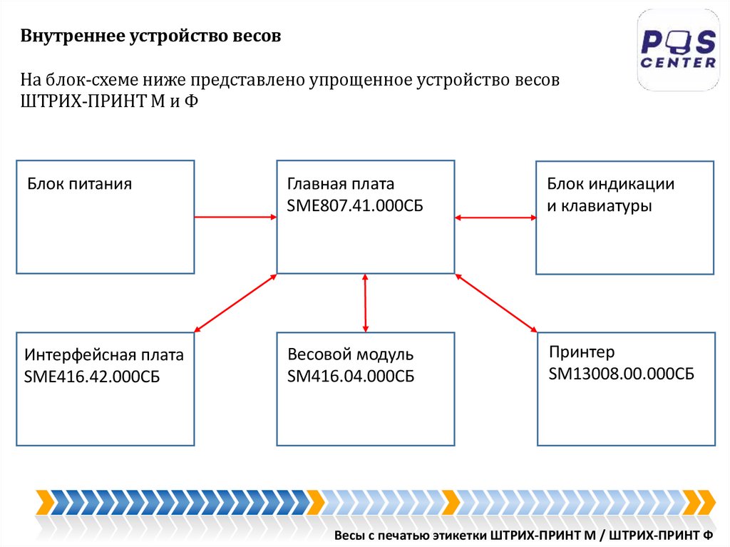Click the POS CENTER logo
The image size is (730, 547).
(x=678, y=50)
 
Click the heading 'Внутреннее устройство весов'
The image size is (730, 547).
(x=150, y=36)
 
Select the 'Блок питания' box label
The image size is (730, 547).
(x=80, y=184)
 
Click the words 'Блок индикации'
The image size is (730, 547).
(x=611, y=184)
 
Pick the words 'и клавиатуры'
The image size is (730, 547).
(x=600, y=207)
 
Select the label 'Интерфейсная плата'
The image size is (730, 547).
(x=104, y=355)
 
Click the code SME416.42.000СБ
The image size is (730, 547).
(x=92, y=377)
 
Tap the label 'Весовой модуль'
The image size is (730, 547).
(x=351, y=354)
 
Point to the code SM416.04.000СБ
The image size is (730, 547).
(x=351, y=377)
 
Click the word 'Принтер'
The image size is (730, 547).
(x=582, y=352)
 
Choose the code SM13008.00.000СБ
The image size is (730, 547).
(x=622, y=374)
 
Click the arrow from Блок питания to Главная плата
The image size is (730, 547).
(x=235, y=217)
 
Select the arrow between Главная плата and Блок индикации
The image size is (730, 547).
(x=495, y=217)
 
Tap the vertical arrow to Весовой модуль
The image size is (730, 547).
(x=365, y=302)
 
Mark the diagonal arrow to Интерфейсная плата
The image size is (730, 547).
(x=235, y=303)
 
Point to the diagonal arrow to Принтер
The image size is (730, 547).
(x=496, y=303)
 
